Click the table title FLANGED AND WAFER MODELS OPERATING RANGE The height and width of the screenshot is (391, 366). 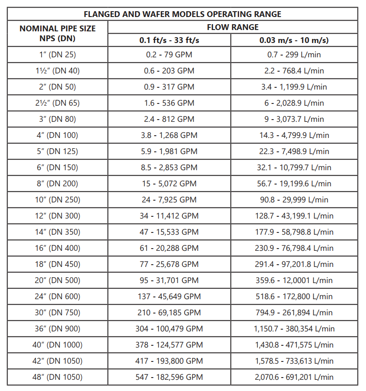coord(182,14)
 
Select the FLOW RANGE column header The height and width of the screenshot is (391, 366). coord(232,27)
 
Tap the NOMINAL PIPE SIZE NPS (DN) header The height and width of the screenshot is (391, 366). coord(58,34)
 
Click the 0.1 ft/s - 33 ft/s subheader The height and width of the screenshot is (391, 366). coord(169,40)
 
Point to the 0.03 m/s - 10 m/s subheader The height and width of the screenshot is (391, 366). coord(294,40)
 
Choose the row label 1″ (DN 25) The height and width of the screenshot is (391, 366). coord(58,55)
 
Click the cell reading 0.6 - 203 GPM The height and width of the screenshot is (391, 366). coord(169,71)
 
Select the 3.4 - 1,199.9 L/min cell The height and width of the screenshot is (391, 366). coord(294,87)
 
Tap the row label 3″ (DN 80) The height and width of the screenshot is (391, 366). coord(58,119)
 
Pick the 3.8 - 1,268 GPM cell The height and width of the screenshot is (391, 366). coord(169,135)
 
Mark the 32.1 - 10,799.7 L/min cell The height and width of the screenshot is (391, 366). coord(294,168)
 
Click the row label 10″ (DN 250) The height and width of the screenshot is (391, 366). coord(58,200)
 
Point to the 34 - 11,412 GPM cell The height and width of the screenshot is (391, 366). coord(169,216)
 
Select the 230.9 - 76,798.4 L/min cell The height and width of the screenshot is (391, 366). coord(294,248)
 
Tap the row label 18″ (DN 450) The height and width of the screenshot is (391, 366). coord(58,264)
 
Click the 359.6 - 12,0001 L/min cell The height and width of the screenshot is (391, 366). coord(294,280)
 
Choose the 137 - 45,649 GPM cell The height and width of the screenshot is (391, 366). coord(169,296)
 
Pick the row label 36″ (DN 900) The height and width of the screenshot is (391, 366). coord(58,329)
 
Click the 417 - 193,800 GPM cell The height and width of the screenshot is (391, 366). coord(169,361)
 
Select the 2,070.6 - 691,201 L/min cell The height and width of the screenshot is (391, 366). coord(294,377)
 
